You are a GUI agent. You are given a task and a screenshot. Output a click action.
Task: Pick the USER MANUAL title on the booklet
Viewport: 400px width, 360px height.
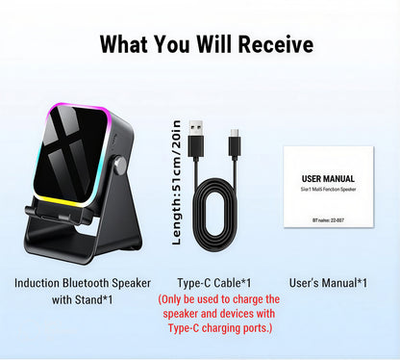(x=327, y=179)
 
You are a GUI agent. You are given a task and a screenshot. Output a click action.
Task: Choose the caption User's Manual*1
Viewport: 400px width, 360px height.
(x=327, y=283)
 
